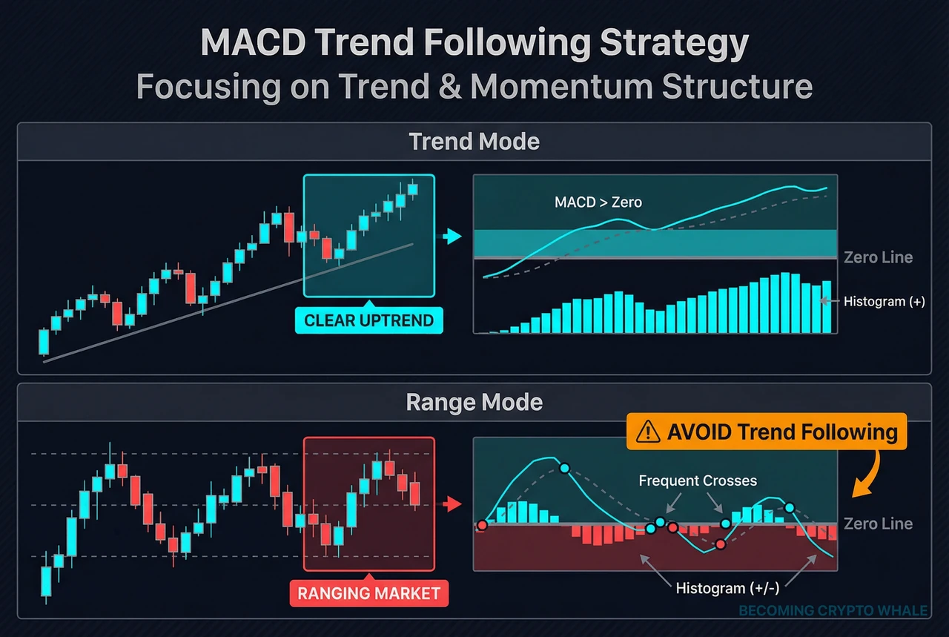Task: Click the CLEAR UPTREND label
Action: click(x=368, y=321)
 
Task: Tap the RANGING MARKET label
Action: click(x=368, y=593)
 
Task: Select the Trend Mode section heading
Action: click(x=474, y=141)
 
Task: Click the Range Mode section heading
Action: click(x=474, y=403)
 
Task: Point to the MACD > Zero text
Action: click(x=598, y=202)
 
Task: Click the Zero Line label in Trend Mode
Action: click(x=878, y=258)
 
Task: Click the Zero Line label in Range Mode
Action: click(x=878, y=524)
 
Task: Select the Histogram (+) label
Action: click(x=884, y=301)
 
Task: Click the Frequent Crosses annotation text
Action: click(x=698, y=481)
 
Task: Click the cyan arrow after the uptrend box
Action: click(x=451, y=237)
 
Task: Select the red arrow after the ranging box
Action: click(x=451, y=505)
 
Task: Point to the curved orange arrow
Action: click(x=866, y=475)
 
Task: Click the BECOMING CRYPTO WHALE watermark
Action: click(x=833, y=611)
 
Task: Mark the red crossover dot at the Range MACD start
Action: click(x=482, y=525)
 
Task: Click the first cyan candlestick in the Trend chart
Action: click(x=44, y=342)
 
